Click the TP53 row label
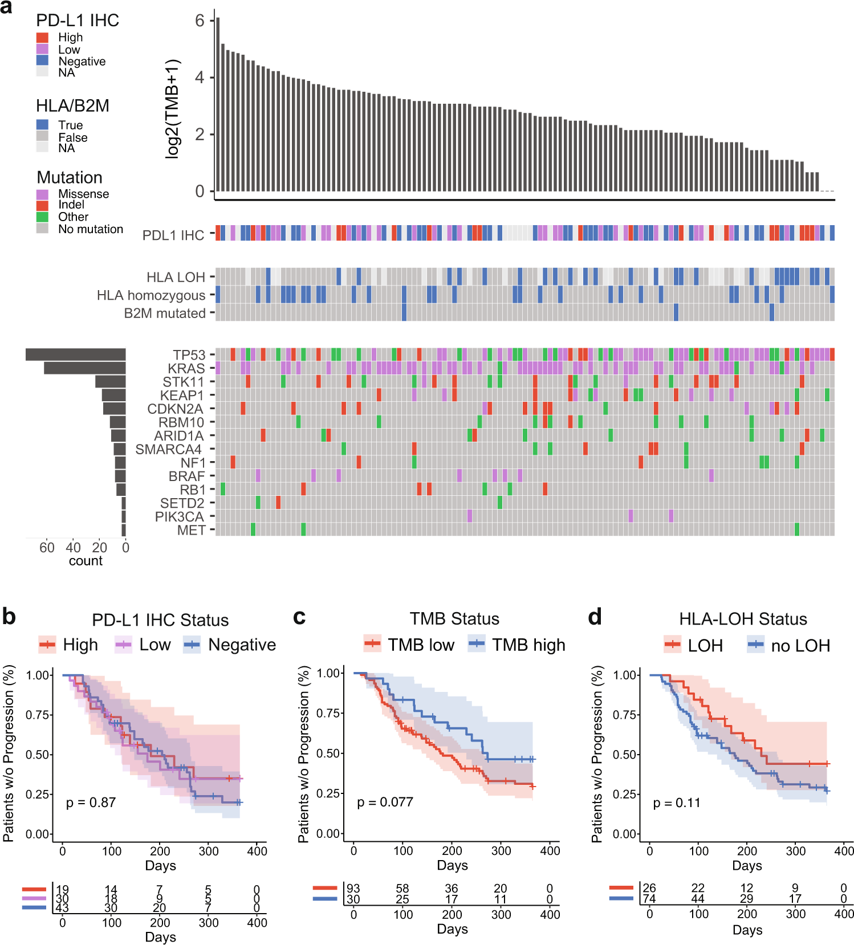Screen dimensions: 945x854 (189, 355)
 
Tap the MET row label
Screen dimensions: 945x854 (191, 530)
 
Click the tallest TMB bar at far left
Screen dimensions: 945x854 (218, 105)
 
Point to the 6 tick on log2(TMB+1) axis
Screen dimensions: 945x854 (200, 21)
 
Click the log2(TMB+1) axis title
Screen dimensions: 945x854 (172, 108)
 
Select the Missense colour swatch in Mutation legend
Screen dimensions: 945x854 (42, 194)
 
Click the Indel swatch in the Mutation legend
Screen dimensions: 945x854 (42, 205)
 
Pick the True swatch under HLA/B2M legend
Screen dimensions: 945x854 (42, 125)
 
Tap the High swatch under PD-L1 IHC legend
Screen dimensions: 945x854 (42, 38)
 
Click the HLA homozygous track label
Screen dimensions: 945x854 (151, 295)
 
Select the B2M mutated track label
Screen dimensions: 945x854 (165, 313)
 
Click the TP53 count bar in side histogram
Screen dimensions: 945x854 (75, 355)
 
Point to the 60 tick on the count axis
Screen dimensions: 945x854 (47, 548)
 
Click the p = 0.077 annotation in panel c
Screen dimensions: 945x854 (385, 802)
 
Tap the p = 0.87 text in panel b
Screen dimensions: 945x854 (91, 803)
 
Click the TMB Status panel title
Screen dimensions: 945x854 (454, 619)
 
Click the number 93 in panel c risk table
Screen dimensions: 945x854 (353, 889)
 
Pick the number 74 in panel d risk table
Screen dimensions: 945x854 (649, 899)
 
